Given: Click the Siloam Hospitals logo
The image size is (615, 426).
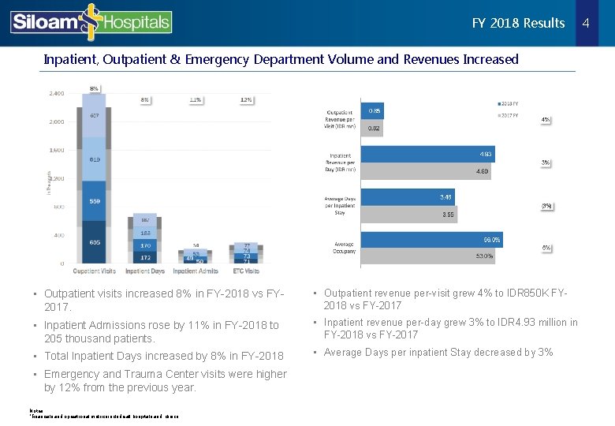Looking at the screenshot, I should pyautogui.click(x=91, y=22).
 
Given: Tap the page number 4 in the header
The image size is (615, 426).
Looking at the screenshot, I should pyautogui.click(x=586, y=23).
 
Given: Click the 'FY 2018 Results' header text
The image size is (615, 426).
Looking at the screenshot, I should pyautogui.click(x=518, y=23).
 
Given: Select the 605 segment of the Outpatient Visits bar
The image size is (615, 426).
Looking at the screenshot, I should pyautogui.click(x=94, y=242).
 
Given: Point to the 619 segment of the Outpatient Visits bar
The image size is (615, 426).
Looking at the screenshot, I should pyautogui.click(x=94, y=159).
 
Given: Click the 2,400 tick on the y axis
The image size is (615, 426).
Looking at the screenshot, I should pyautogui.click(x=57, y=93).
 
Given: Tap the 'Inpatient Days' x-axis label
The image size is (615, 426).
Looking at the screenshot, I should pyautogui.click(x=144, y=271).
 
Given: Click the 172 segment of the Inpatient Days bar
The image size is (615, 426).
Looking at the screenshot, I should pyautogui.click(x=145, y=257).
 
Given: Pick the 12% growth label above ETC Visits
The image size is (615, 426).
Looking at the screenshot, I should pyautogui.click(x=246, y=100).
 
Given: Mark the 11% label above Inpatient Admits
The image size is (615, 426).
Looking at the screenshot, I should pyautogui.click(x=196, y=100).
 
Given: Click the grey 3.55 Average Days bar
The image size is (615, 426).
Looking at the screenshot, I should pyautogui.click(x=408, y=213).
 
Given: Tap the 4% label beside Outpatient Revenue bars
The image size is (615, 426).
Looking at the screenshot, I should pyautogui.click(x=546, y=120).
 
